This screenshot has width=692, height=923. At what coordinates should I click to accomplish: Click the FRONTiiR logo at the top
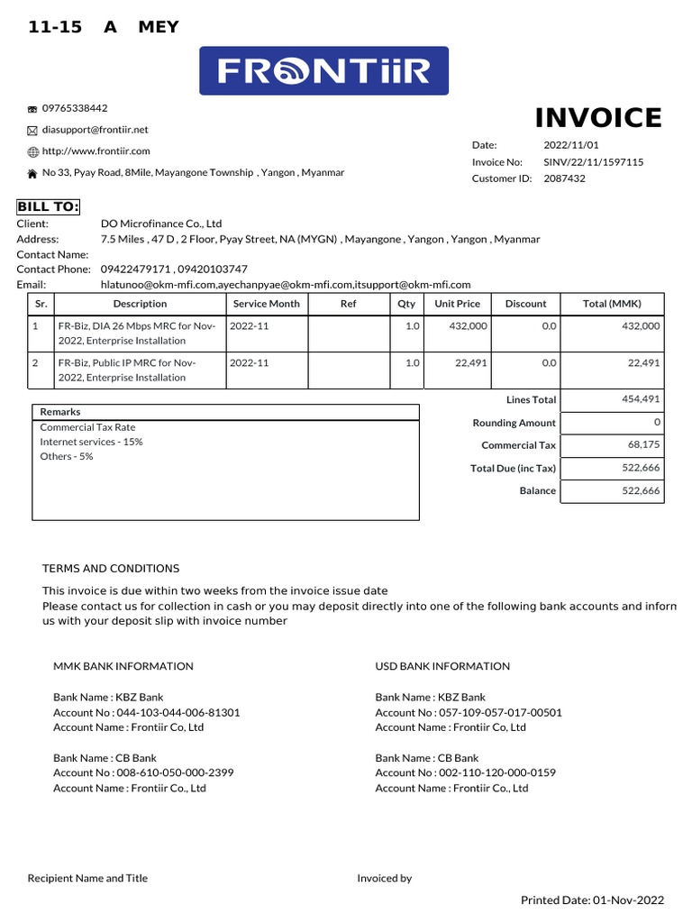point(323,71)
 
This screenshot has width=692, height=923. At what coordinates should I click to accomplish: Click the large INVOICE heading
point(598,118)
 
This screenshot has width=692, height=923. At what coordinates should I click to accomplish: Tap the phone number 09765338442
point(75,108)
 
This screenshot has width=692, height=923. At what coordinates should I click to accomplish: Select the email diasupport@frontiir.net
point(95,130)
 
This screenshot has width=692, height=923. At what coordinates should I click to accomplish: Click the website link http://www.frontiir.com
point(96,151)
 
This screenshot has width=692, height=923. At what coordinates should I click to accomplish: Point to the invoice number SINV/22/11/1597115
point(593,162)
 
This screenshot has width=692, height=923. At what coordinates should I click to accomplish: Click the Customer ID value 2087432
point(564,178)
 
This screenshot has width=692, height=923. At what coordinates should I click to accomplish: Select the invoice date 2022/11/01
point(570,145)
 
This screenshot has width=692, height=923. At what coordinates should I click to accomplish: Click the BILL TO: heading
point(49,206)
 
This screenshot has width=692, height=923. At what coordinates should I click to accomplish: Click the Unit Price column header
point(457,304)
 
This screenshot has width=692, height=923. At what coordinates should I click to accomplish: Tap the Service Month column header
point(266,304)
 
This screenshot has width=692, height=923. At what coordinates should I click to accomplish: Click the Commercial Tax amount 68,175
point(643,445)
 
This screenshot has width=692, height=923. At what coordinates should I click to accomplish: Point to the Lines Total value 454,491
point(641,398)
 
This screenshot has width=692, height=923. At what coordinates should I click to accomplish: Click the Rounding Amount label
point(514,423)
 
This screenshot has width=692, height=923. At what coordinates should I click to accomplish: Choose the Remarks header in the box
point(59,412)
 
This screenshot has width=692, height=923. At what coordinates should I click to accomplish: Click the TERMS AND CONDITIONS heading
point(111,569)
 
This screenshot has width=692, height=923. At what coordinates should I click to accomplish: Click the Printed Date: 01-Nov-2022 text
point(592,900)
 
